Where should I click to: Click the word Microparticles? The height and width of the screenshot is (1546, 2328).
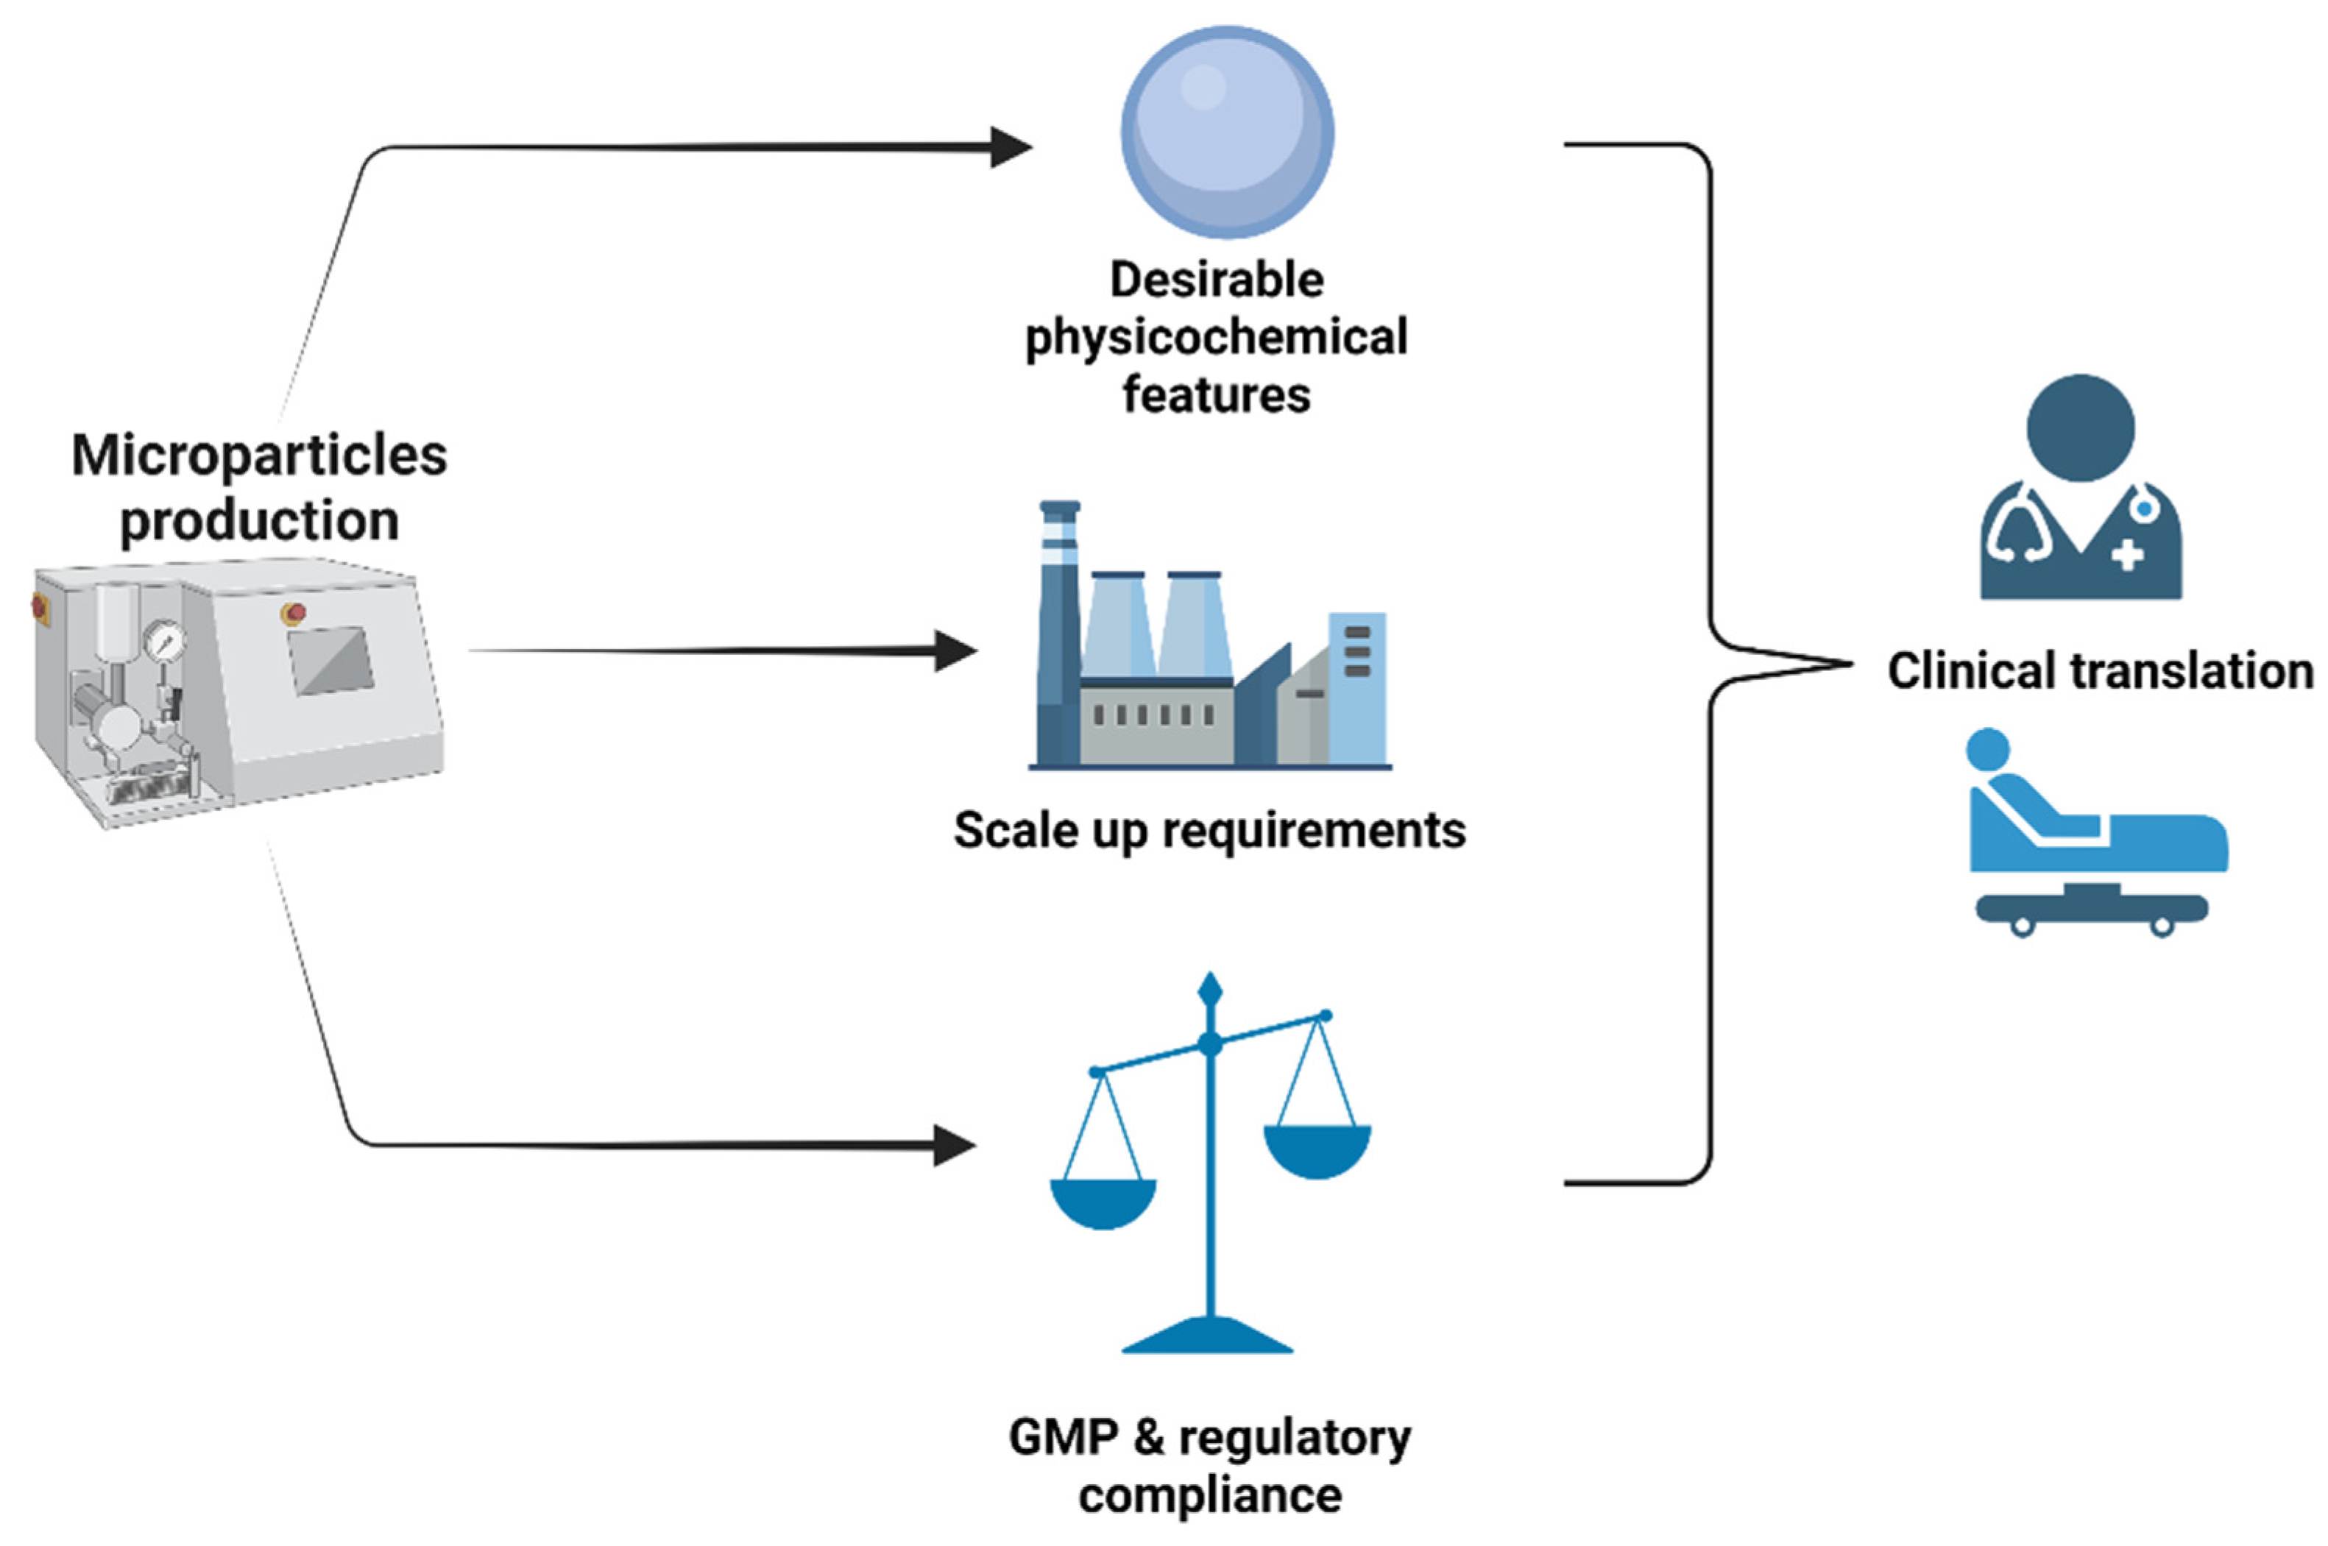click(x=258, y=456)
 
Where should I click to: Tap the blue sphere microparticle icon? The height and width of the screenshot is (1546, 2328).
click(x=1227, y=132)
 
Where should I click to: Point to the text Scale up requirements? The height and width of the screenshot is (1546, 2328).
click(x=1209, y=830)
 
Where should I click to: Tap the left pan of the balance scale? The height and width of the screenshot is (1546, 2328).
click(x=1103, y=1203)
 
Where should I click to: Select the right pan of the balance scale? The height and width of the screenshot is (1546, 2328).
click(x=1317, y=1152)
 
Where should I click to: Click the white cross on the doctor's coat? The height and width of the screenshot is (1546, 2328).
click(x=2127, y=554)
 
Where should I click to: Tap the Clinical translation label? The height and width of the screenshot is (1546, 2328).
click(x=2101, y=671)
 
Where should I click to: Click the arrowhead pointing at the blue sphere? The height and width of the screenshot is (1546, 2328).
click(x=1010, y=148)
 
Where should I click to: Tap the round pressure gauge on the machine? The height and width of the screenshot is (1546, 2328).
click(x=163, y=642)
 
